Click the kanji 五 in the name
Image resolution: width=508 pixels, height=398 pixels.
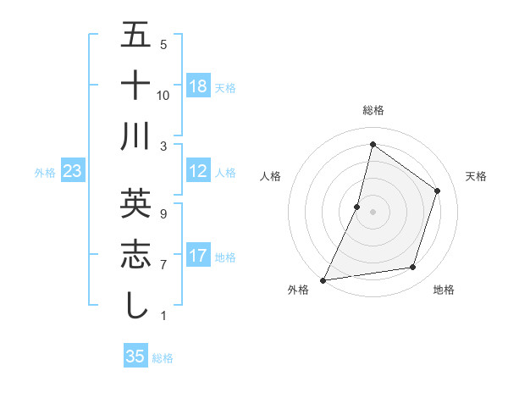[135, 36]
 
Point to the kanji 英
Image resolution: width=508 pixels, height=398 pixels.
[135, 204]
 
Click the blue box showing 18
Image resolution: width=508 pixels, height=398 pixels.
[198, 86]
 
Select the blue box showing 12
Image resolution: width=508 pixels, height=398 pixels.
[198, 171]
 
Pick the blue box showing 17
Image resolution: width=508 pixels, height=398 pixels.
[198, 256]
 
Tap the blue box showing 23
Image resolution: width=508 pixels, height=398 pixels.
[73, 171]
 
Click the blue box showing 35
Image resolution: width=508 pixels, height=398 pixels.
[135, 357]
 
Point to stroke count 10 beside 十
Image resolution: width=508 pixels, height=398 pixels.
[163, 95]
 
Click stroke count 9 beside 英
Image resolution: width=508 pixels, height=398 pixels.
[163, 214]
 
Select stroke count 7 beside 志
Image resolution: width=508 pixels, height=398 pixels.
[163, 265]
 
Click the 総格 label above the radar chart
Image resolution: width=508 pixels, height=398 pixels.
[373, 110]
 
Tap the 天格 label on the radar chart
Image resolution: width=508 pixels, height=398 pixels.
[476, 176]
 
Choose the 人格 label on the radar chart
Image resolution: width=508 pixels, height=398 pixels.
[270, 176]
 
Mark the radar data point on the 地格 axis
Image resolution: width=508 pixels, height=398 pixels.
[413, 268]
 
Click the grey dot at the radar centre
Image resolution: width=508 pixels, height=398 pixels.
[373, 212]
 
